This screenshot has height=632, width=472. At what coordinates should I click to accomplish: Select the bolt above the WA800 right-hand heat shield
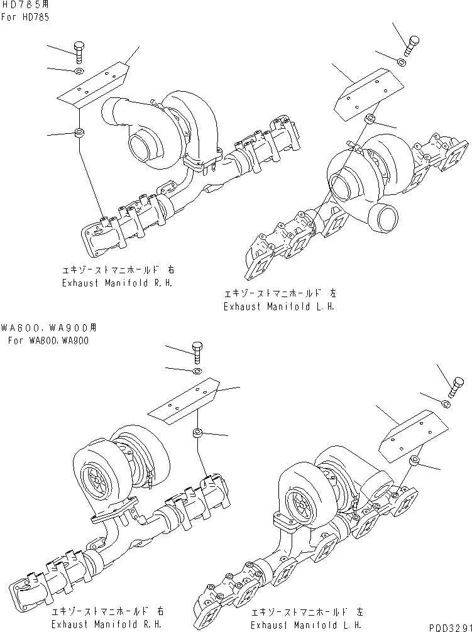196,352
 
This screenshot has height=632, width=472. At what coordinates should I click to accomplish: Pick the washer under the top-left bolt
78,72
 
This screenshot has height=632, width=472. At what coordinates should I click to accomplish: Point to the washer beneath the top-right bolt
402,62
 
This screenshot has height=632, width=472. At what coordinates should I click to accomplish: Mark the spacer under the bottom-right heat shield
415,462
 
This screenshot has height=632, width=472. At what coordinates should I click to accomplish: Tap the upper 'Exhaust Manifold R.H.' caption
117,283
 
